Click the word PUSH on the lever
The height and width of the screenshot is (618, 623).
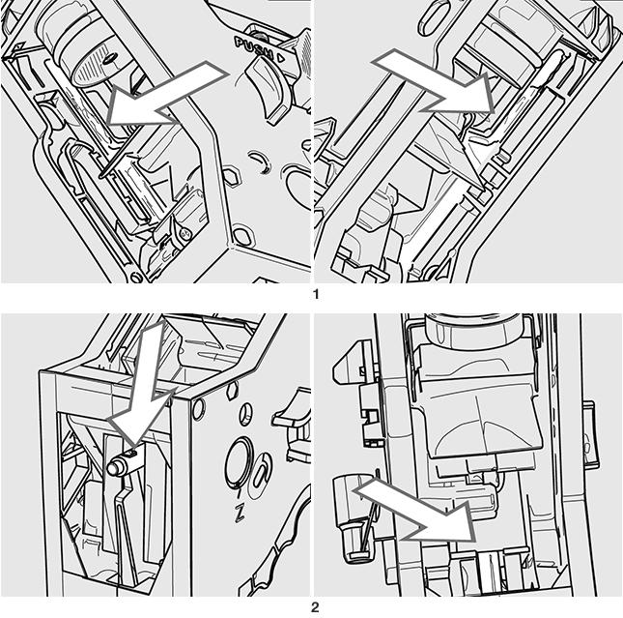tap(253, 47)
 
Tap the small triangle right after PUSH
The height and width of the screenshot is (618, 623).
tap(280, 58)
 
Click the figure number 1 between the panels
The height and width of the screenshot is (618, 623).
tap(316, 295)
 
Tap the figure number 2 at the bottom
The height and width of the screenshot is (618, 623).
tap(315, 607)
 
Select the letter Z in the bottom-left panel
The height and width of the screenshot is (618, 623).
tap(240, 513)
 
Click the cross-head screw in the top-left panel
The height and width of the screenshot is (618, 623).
tap(184, 234)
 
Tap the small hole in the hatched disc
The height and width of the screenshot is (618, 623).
tap(109, 60)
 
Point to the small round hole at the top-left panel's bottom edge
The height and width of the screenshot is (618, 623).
tap(136, 277)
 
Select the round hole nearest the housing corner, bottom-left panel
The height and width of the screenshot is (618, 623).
tap(199, 409)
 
